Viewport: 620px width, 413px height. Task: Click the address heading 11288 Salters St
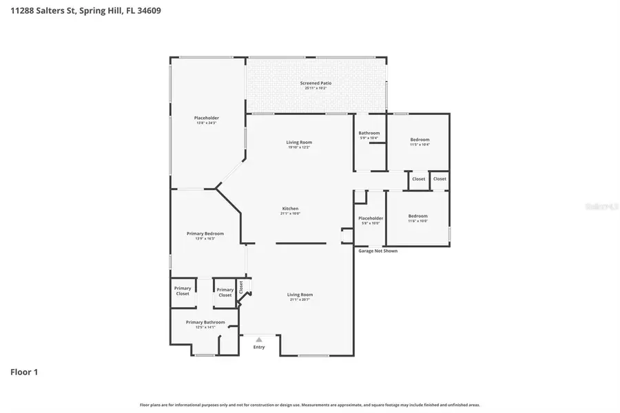pos(86,11)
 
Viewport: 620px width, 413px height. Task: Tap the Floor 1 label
pos(24,372)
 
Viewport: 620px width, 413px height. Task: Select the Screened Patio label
pos(316,83)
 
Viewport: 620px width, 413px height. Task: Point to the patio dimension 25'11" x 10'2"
pos(316,88)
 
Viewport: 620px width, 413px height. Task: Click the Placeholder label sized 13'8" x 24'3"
pos(206,118)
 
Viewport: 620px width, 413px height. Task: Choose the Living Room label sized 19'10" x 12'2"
pos(299,142)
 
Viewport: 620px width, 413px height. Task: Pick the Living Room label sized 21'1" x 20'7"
pos(300,295)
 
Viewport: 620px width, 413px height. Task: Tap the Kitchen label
pos(290,209)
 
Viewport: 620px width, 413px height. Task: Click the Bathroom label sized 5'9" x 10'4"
pos(369,133)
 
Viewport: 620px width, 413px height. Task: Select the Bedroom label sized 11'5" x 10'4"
pos(420,140)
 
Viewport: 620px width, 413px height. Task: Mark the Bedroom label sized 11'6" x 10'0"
pos(417,216)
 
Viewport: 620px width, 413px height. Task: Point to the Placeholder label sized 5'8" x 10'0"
pos(371,218)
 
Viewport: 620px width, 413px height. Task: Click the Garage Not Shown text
pos(378,251)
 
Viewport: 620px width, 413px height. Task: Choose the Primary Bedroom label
pos(205,233)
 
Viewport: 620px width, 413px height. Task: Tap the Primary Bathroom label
pos(205,322)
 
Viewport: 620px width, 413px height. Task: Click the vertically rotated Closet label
pos(241,286)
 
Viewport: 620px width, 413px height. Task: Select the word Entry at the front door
pos(259,347)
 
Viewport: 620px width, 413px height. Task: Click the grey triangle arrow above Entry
pos(259,339)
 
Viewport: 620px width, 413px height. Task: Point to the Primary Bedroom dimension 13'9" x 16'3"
pos(205,239)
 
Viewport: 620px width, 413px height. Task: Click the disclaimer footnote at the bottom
pos(310,405)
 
